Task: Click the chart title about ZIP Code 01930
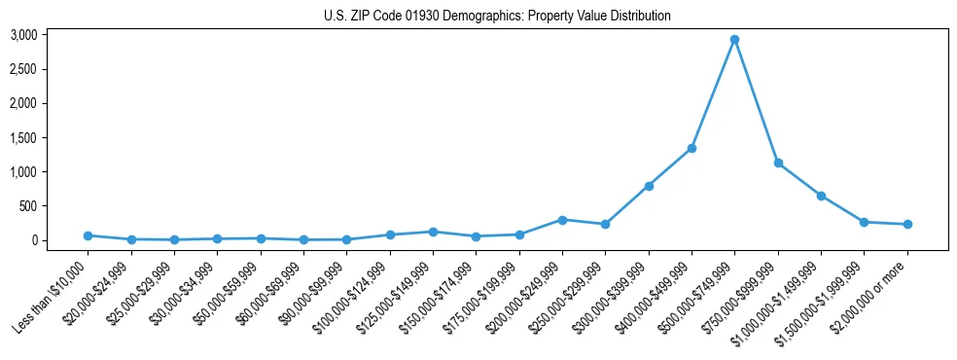pos(497,17)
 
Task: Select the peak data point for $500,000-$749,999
pos(734,40)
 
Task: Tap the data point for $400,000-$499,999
pos(691,148)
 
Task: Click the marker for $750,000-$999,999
pos(778,162)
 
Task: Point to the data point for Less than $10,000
pos(88,235)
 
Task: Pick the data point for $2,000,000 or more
pos(907,224)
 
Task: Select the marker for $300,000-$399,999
pos(649,186)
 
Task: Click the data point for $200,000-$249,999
pos(562,220)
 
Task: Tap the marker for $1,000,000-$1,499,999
pos(821,196)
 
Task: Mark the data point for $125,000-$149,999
pos(433,232)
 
